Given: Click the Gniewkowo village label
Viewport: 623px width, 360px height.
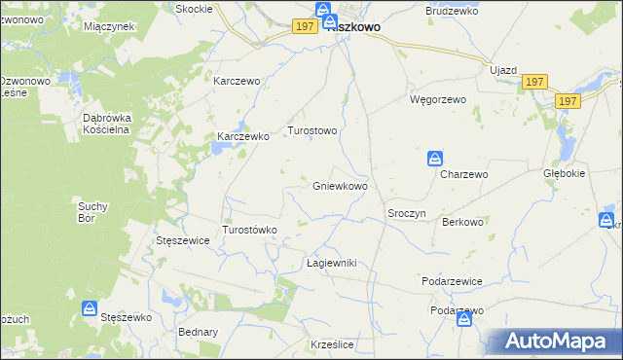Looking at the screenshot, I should click(x=340, y=186).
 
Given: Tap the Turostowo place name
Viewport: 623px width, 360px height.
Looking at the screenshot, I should click(x=311, y=130).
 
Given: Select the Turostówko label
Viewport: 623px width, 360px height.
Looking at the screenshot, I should click(x=251, y=230).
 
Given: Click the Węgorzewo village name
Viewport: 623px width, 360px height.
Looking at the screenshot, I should click(x=438, y=99).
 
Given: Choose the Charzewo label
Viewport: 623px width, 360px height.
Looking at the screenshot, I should click(x=463, y=174).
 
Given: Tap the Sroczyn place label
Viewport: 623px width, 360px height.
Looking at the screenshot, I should click(x=407, y=213).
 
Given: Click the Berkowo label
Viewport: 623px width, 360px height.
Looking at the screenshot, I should click(x=462, y=222).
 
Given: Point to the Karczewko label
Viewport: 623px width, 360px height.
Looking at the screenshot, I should click(x=242, y=137).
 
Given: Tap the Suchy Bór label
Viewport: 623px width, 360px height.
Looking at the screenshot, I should click(x=98, y=212).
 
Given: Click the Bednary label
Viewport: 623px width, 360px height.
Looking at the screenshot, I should click(x=199, y=332).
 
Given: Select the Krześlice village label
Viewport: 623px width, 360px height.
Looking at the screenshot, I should click(x=331, y=345).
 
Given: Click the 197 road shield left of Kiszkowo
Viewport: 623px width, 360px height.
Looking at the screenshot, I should click(x=304, y=26).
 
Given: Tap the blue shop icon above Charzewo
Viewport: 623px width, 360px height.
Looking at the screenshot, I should click(x=435, y=158).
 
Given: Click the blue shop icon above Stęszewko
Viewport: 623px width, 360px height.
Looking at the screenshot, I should click(x=89, y=309).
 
